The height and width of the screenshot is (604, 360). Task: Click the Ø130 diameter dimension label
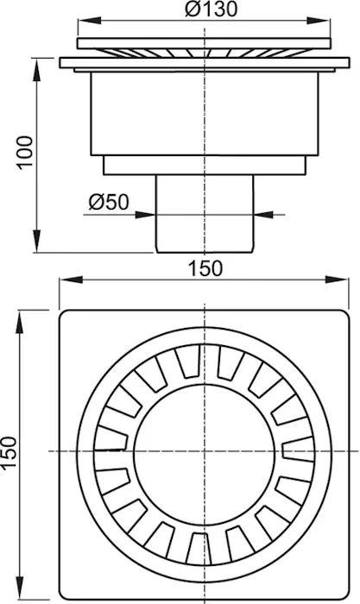[211, 9]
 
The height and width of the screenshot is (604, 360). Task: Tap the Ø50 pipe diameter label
[109, 202]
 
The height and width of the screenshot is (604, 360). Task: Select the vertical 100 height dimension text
[25, 152]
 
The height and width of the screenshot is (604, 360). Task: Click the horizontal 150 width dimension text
[205, 268]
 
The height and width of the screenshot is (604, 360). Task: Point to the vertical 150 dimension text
[9, 453]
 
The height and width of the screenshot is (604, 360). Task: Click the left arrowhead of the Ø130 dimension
[90, 21]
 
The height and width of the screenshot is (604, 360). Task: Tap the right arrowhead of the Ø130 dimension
[319, 21]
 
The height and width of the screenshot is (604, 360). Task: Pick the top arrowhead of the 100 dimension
[36, 69]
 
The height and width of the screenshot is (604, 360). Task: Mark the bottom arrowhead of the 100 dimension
[36, 241]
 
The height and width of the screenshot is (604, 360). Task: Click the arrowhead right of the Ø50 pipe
[264, 214]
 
